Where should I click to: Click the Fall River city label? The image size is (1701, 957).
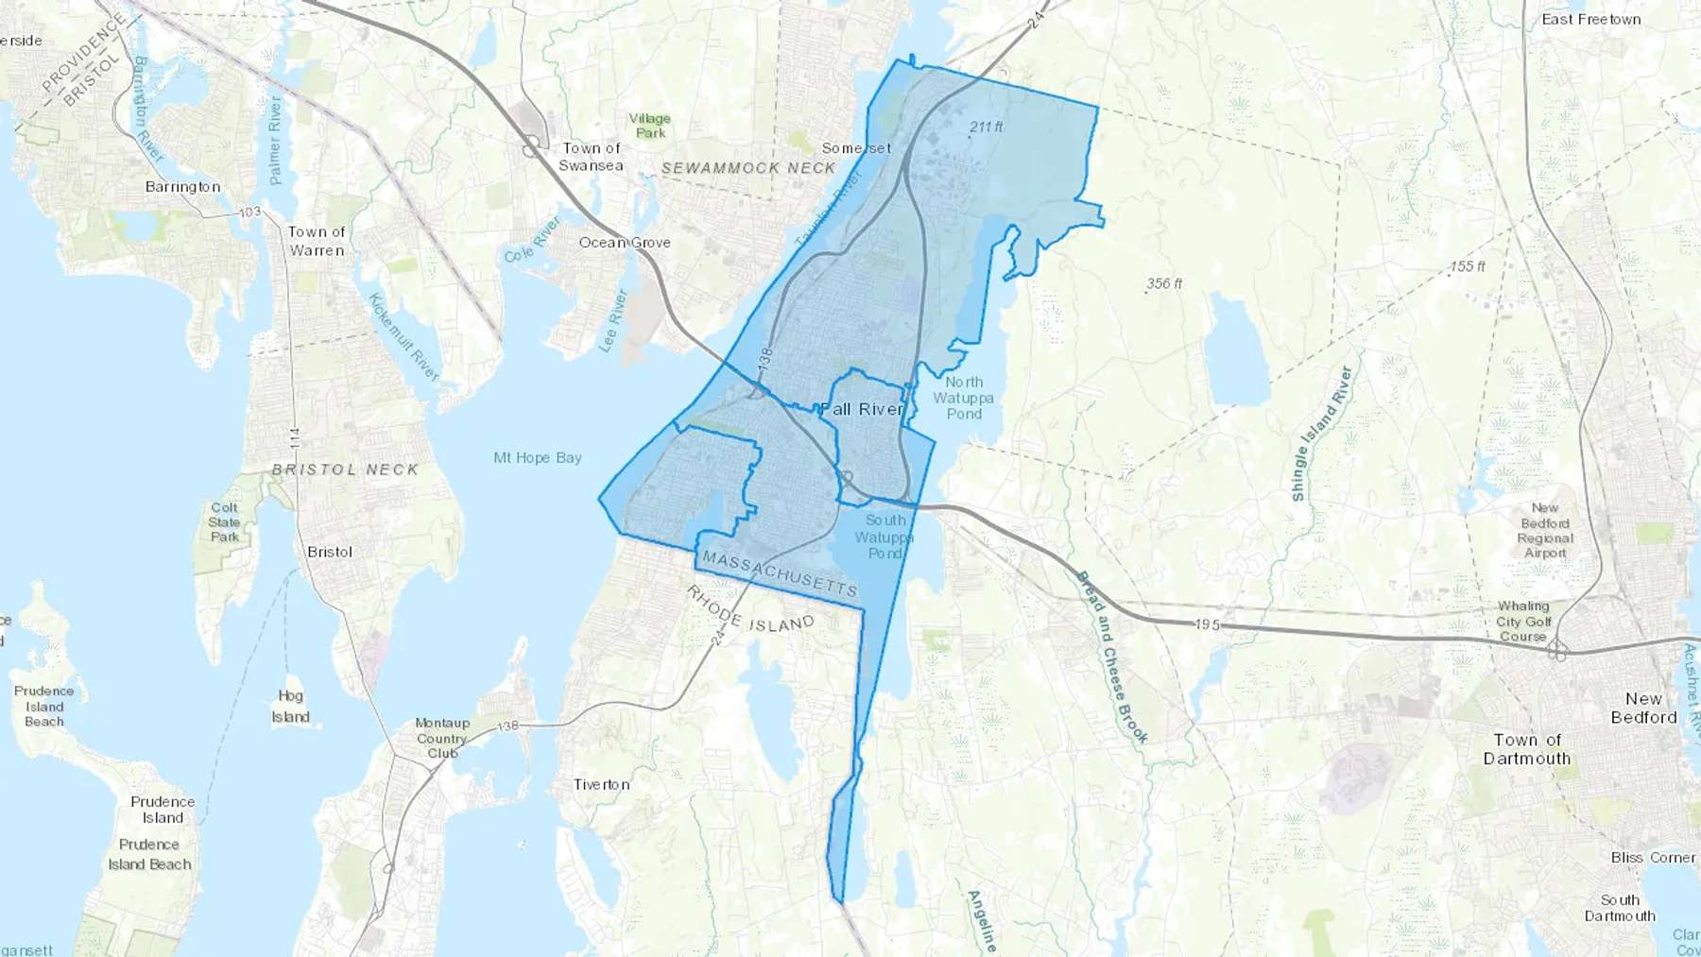(x=862, y=409)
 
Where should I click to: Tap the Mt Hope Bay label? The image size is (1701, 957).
(x=537, y=457)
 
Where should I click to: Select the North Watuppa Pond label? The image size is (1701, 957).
(x=963, y=398)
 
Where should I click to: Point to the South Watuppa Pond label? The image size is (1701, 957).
(x=885, y=537)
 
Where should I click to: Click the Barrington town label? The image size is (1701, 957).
(x=182, y=187)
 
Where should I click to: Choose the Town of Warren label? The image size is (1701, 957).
(x=317, y=241)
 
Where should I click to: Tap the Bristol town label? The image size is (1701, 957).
(x=330, y=552)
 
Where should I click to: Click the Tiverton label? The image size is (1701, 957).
(x=601, y=784)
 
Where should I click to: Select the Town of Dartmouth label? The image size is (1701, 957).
(x=1526, y=749)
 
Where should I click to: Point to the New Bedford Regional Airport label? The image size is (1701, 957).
(x=1545, y=530)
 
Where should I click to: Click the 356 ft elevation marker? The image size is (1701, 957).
(x=1163, y=283)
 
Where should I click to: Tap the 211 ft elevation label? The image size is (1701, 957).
(x=986, y=127)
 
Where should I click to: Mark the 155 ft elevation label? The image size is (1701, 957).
(x=1468, y=266)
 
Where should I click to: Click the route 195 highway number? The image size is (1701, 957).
(x=1207, y=624)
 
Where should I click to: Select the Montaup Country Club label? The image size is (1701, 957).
(x=442, y=738)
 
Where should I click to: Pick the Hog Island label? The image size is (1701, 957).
(x=290, y=706)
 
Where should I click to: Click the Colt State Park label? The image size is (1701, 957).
(x=224, y=522)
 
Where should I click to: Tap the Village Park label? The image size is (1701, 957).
(x=650, y=126)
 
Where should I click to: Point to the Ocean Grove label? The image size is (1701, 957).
(x=625, y=243)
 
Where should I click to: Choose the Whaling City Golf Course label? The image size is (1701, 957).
(x=1523, y=621)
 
